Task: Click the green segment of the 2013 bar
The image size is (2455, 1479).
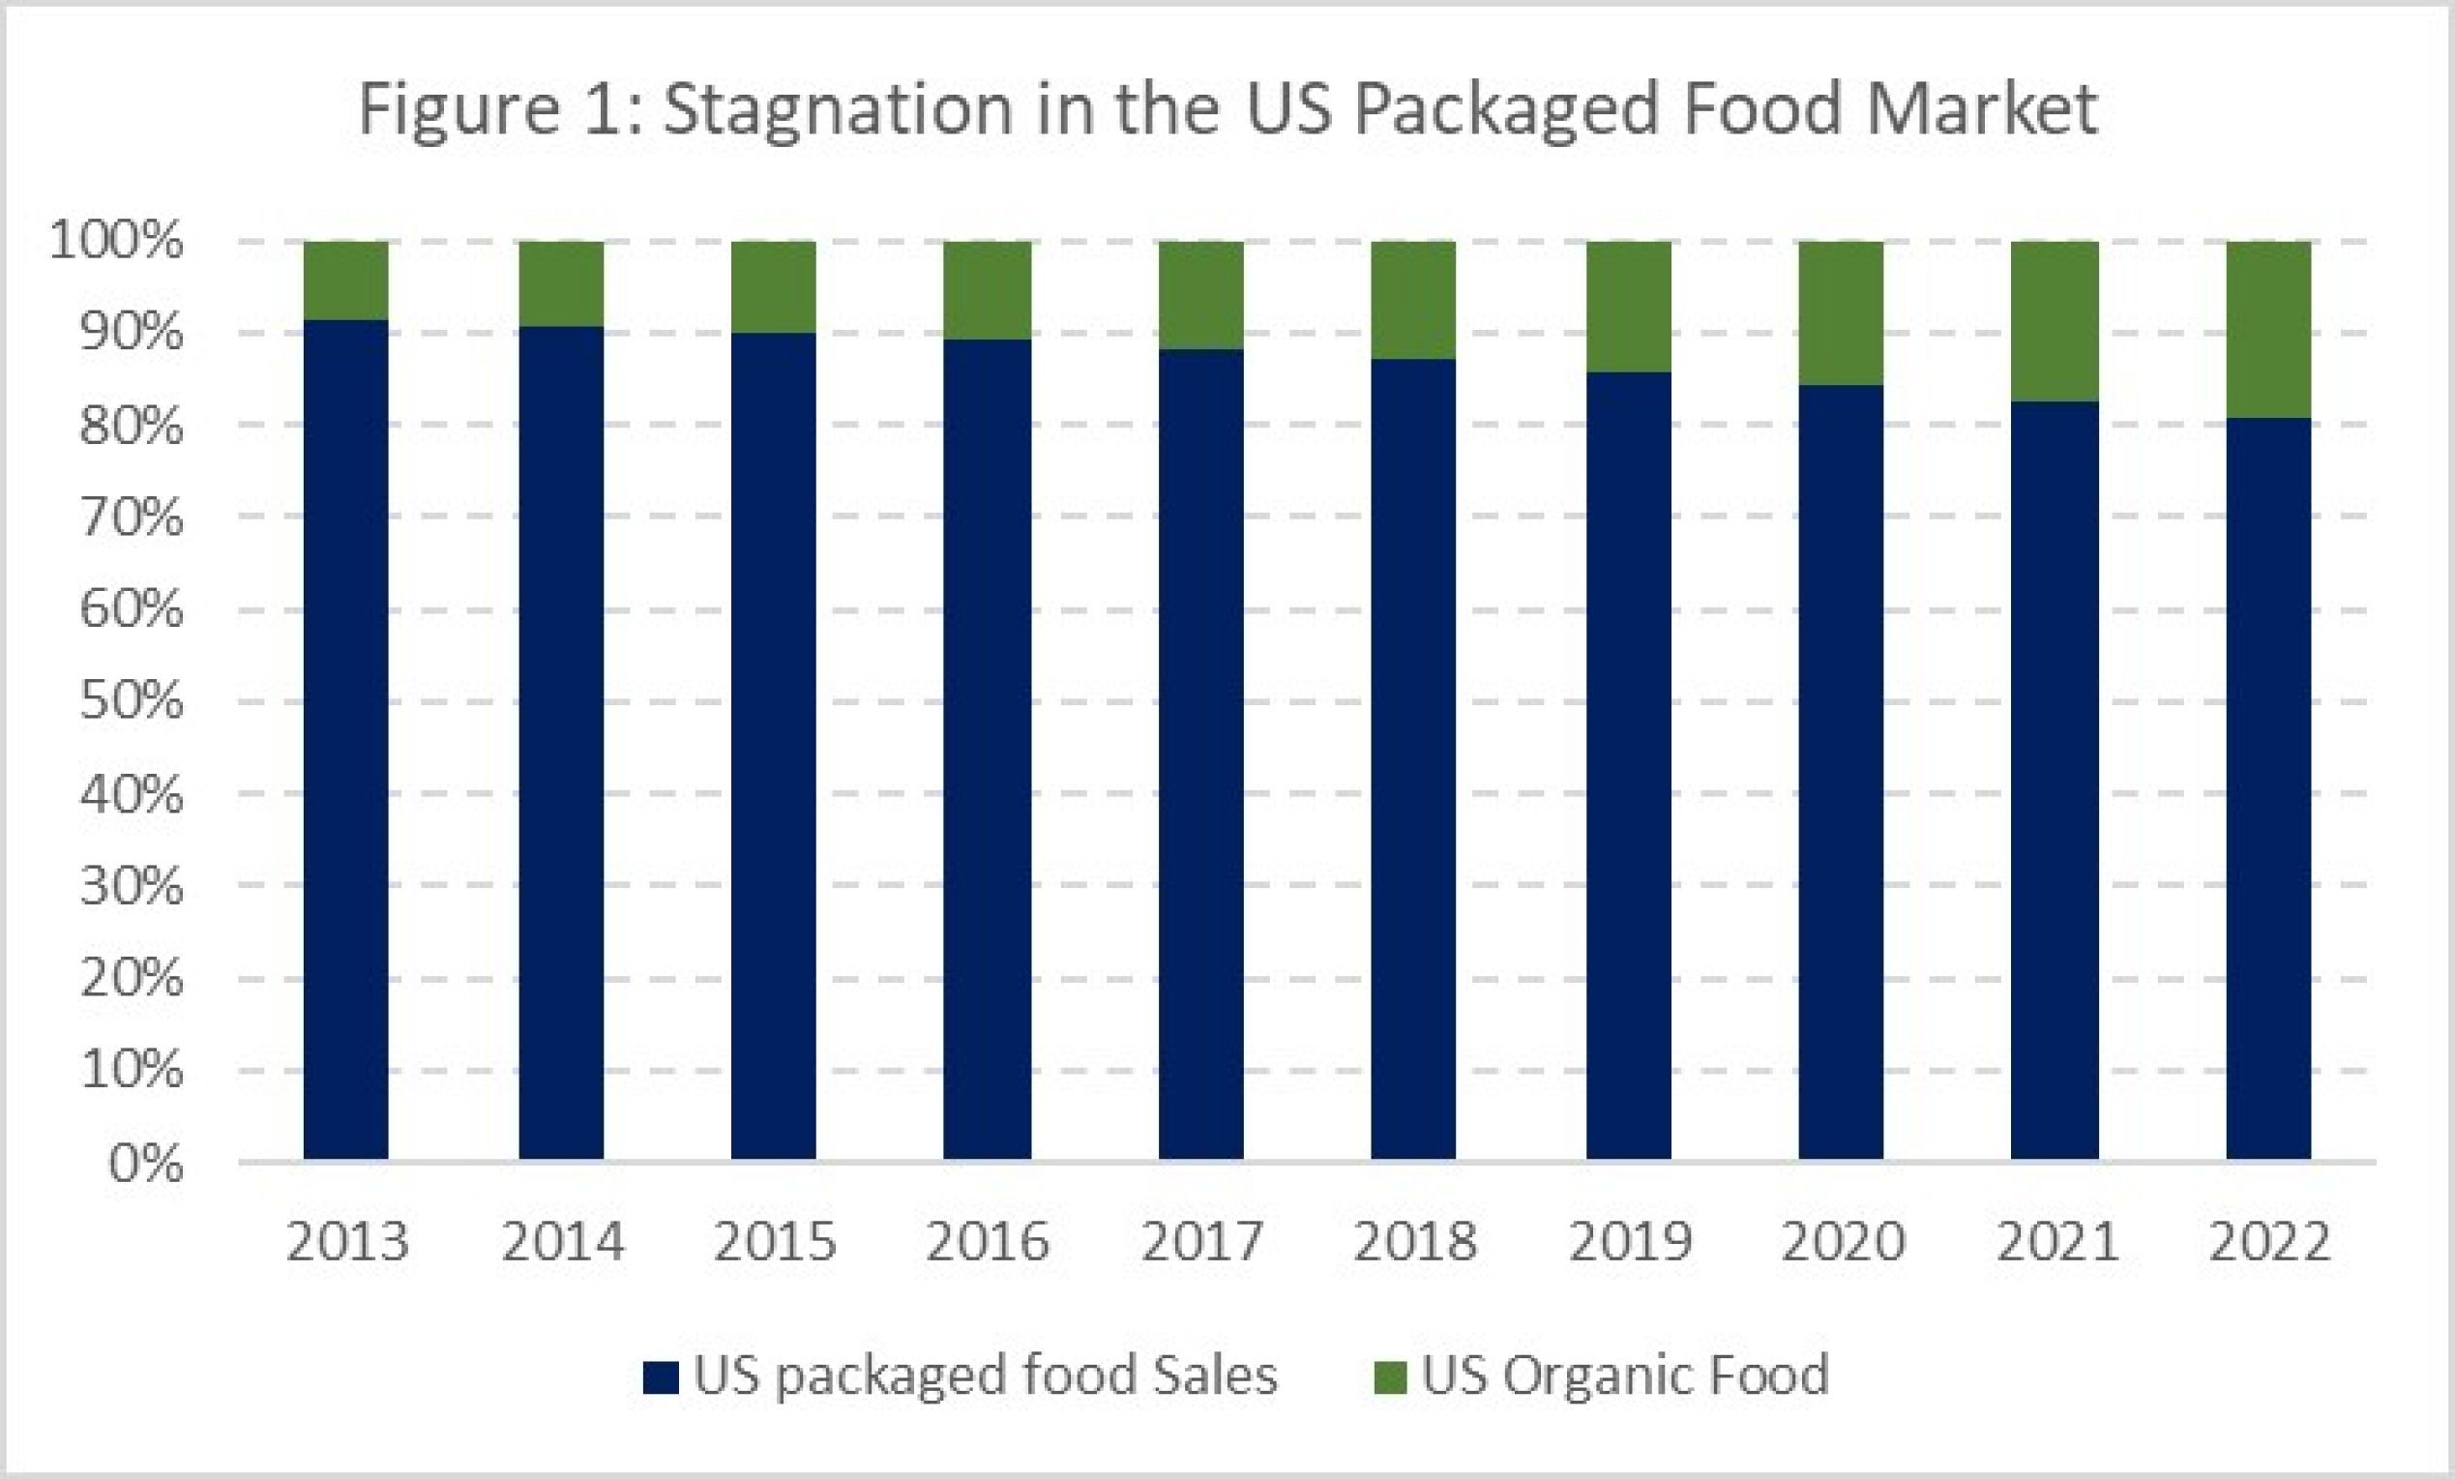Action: (x=345, y=281)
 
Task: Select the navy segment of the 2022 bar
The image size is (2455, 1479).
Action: (x=2268, y=787)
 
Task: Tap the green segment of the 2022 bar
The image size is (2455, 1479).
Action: (x=2268, y=329)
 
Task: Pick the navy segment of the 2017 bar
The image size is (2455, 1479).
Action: (x=1200, y=754)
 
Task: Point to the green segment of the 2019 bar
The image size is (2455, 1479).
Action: (x=1628, y=306)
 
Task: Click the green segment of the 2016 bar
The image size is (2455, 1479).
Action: (x=988, y=290)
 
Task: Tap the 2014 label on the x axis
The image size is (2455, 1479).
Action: (x=563, y=1242)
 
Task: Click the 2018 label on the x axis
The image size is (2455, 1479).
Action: (x=1415, y=1242)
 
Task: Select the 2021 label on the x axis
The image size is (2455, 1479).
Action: (x=2056, y=1242)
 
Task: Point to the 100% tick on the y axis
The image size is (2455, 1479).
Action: (x=117, y=241)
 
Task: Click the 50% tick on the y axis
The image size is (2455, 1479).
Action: (x=132, y=701)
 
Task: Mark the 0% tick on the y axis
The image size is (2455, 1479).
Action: (x=145, y=1162)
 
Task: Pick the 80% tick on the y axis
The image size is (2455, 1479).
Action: (x=132, y=426)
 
